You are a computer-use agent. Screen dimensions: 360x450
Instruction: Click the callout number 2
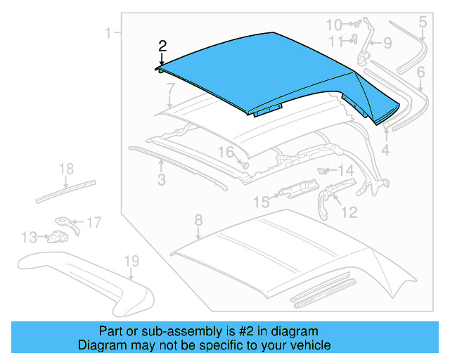pos(162,46)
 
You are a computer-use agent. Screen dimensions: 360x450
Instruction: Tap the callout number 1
pos(109,32)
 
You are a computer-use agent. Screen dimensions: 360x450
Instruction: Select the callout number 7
pos(170,88)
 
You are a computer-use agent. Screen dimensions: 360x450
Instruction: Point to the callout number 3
pos(161,180)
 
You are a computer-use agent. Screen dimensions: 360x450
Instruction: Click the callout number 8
pos(198,219)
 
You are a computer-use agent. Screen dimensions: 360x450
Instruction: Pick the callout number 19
pos(131,262)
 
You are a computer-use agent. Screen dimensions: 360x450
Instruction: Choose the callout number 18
pos(65,169)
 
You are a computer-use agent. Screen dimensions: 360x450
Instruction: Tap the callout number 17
pos(94,223)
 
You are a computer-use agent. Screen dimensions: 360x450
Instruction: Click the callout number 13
pos(29,238)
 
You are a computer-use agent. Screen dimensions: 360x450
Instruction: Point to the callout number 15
pos(261,202)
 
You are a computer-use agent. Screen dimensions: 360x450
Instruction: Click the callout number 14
pos(345,171)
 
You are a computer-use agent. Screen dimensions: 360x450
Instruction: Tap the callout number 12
pos(349,211)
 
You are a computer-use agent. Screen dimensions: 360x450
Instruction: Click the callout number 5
pos(422,22)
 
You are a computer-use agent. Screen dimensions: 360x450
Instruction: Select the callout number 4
pos(385,149)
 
